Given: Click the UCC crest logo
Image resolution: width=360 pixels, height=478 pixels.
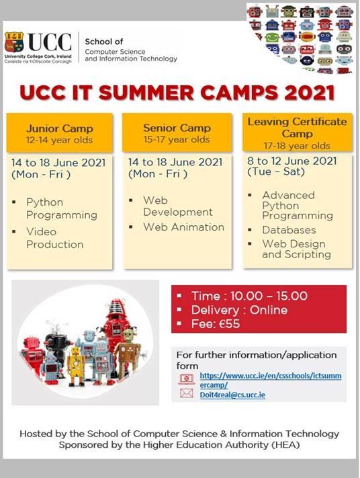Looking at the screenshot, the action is tap(14, 42).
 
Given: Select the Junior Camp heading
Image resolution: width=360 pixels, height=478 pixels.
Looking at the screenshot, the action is tap(59, 128).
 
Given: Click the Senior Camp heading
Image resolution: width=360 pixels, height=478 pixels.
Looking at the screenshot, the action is tap(177, 128).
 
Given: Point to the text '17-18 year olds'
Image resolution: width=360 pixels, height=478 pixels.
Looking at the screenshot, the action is tap(297, 146).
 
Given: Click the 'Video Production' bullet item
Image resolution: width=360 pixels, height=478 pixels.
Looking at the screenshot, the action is tap(55, 238).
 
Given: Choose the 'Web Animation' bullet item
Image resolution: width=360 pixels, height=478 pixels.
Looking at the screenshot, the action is tap(184, 227).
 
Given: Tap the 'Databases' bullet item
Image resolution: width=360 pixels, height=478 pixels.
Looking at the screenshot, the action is tap(289, 230).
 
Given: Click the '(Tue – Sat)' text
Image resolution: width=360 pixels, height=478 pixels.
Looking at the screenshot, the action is tap(276, 171).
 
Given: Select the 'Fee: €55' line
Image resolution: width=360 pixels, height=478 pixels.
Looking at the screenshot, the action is tap(216, 324).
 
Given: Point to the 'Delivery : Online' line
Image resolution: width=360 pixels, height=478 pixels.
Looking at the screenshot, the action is tap(239, 310).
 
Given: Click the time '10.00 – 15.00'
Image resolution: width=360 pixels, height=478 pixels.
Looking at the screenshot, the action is tap(269, 296).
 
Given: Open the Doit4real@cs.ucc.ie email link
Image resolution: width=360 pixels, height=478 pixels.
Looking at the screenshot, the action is tap(232, 395).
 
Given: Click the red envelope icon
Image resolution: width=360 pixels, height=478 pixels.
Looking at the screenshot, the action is tap(187, 393).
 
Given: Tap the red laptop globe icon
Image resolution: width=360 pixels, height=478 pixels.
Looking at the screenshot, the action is tap(187, 379).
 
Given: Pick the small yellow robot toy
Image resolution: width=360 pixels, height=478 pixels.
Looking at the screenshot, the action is tap(76, 366).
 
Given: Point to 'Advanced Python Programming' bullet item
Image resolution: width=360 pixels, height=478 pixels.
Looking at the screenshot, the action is tap(298, 206).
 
